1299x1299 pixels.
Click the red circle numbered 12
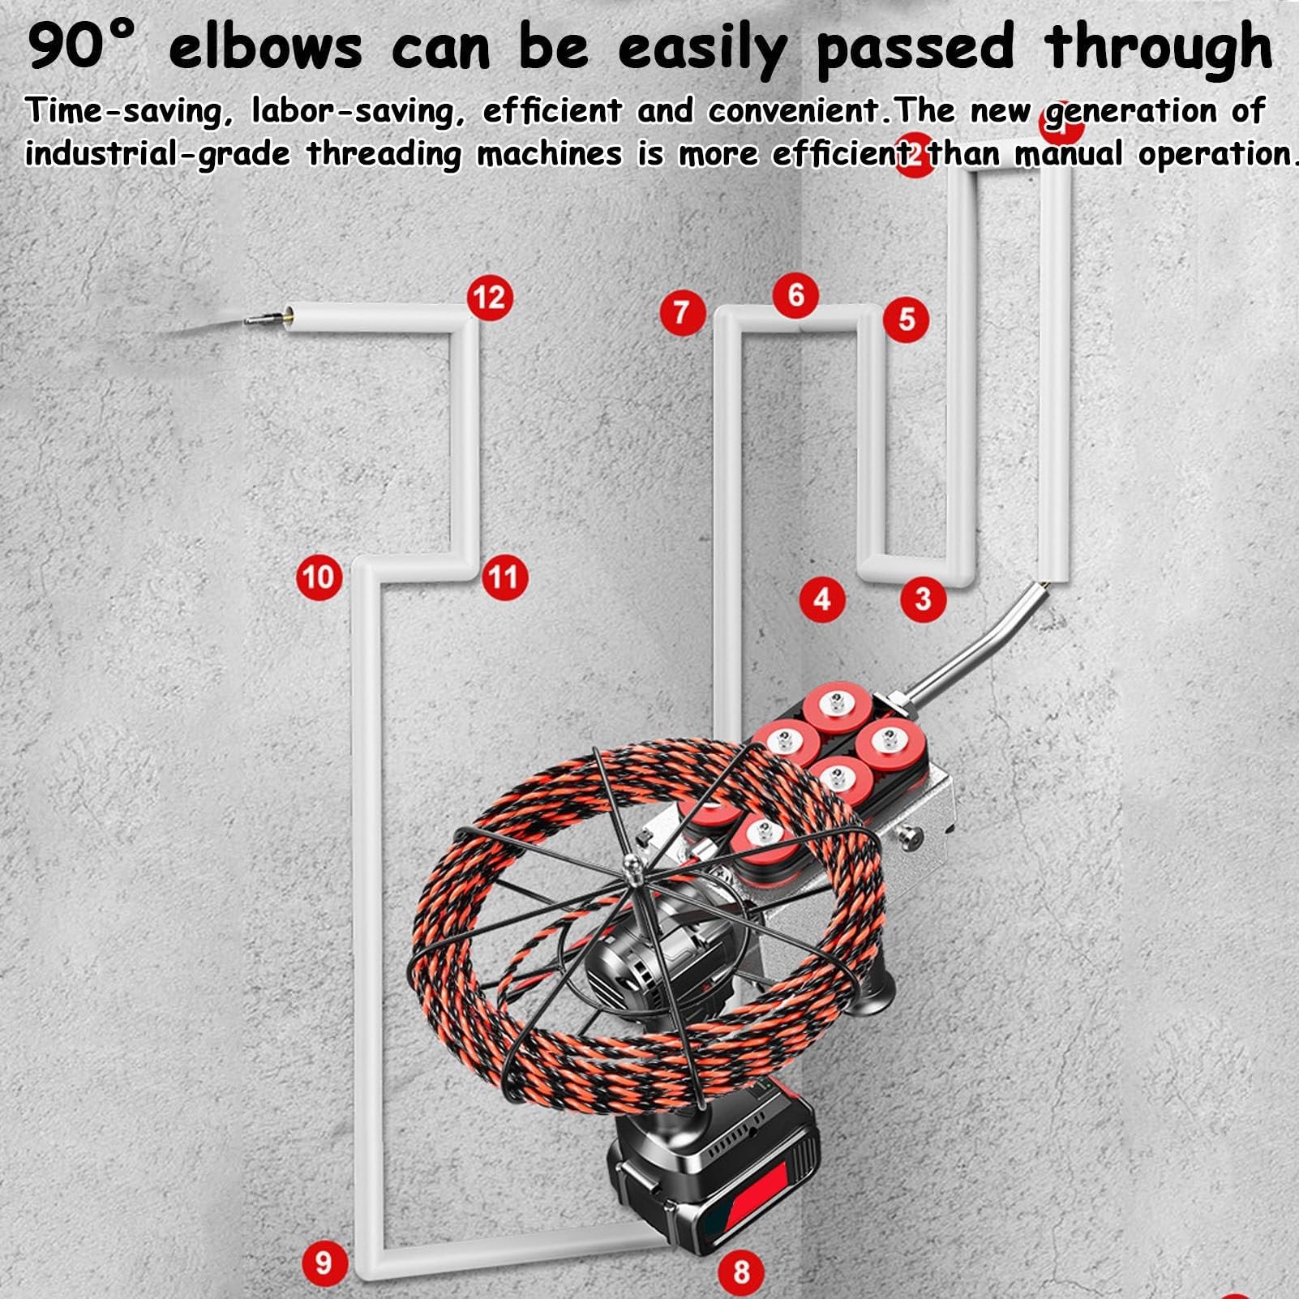coord(490,298)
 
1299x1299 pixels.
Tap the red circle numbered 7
coord(681,312)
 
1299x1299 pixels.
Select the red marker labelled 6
coord(796,295)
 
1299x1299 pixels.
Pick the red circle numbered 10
coord(318,577)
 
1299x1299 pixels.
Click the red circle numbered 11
coord(504,577)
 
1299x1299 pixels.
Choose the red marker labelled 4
coord(822,600)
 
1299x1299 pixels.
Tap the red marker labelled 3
coord(923,599)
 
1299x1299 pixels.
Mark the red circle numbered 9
coord(324,1263)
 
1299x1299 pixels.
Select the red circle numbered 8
coord(741,1271)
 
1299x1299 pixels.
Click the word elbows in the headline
coord(265,47)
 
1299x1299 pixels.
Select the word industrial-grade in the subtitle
coord(156,153)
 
